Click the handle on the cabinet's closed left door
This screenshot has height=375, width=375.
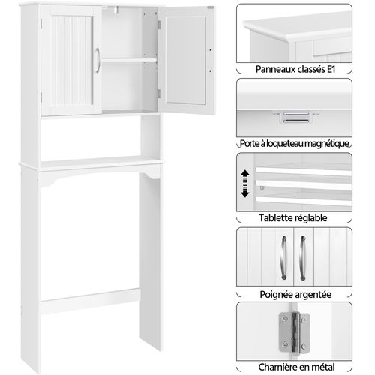pos(98,63)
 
